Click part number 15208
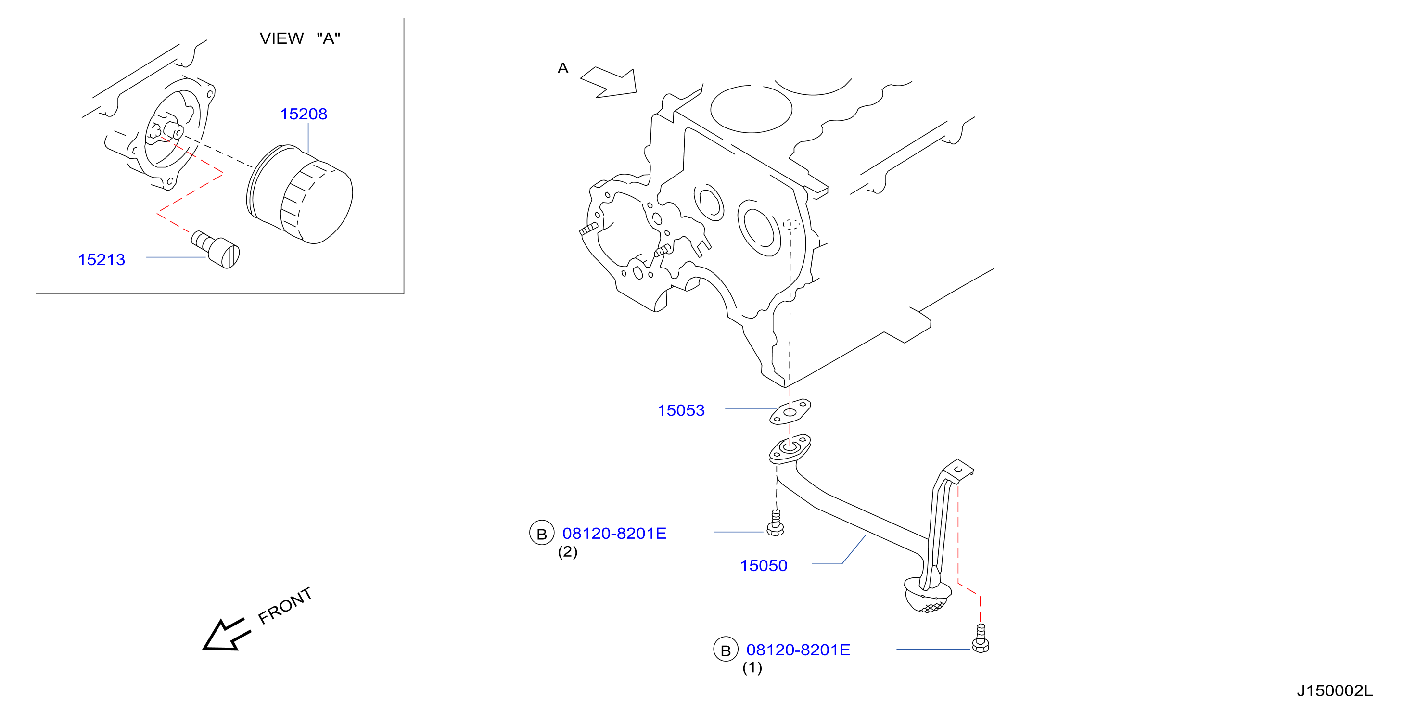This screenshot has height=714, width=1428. point(303,114)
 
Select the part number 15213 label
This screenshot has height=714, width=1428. point(102,259)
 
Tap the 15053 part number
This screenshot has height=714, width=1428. point(681,410)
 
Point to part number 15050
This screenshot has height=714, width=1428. point(764,565)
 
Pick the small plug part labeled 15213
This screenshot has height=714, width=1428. point(216,249)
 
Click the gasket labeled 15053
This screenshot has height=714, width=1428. point(790,412)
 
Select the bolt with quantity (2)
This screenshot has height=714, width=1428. point(776,523)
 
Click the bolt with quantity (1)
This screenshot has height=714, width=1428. point(981,638)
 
